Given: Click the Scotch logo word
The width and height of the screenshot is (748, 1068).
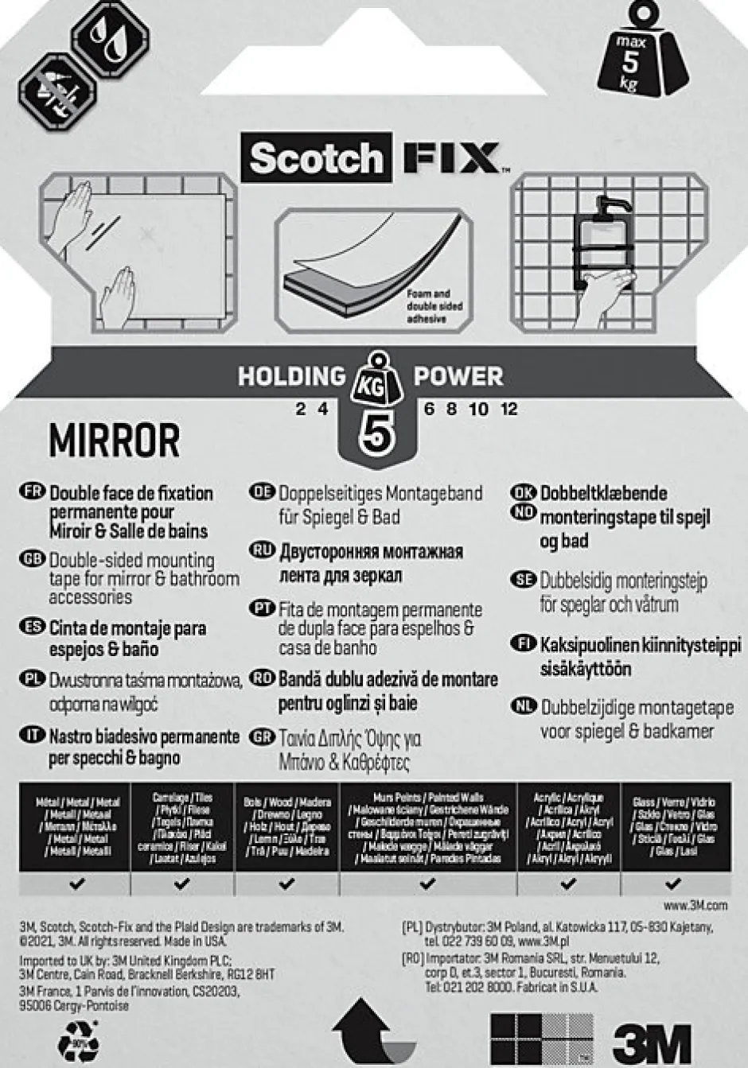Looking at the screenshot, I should [x=316, y=159].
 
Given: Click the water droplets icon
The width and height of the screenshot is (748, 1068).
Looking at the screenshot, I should [x=110, y=34].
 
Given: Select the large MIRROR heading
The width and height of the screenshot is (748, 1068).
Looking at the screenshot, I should [x=115, y=440].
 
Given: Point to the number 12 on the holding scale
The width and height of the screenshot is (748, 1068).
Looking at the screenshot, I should [x=509, y=409].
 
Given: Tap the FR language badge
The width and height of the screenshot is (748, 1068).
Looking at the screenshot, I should [x=33, y=491].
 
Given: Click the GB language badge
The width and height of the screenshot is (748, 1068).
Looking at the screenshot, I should [x=33, y=559].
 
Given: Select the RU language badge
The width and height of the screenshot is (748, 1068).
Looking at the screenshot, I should [x=262, y=550].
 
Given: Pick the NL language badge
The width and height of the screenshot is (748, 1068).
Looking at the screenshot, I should [x=524, y=705].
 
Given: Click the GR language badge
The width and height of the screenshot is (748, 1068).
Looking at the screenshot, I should [x=262, y=737].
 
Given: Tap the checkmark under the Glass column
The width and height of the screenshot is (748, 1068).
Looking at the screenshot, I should [x=673, y=883].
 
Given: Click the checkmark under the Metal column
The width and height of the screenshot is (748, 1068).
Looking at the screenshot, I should [x=77, y=883].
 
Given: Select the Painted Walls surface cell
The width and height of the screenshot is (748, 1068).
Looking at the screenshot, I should [x=428, y=827].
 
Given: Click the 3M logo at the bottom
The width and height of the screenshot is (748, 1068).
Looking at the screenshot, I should [x=652, y=1043].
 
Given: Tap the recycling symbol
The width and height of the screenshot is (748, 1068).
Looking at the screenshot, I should [x=78, y=1041].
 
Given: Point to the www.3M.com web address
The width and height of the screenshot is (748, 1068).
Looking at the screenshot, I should [x=695, y=905].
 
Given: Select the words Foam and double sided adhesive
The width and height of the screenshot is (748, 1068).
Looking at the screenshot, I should [x=434, y=306].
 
